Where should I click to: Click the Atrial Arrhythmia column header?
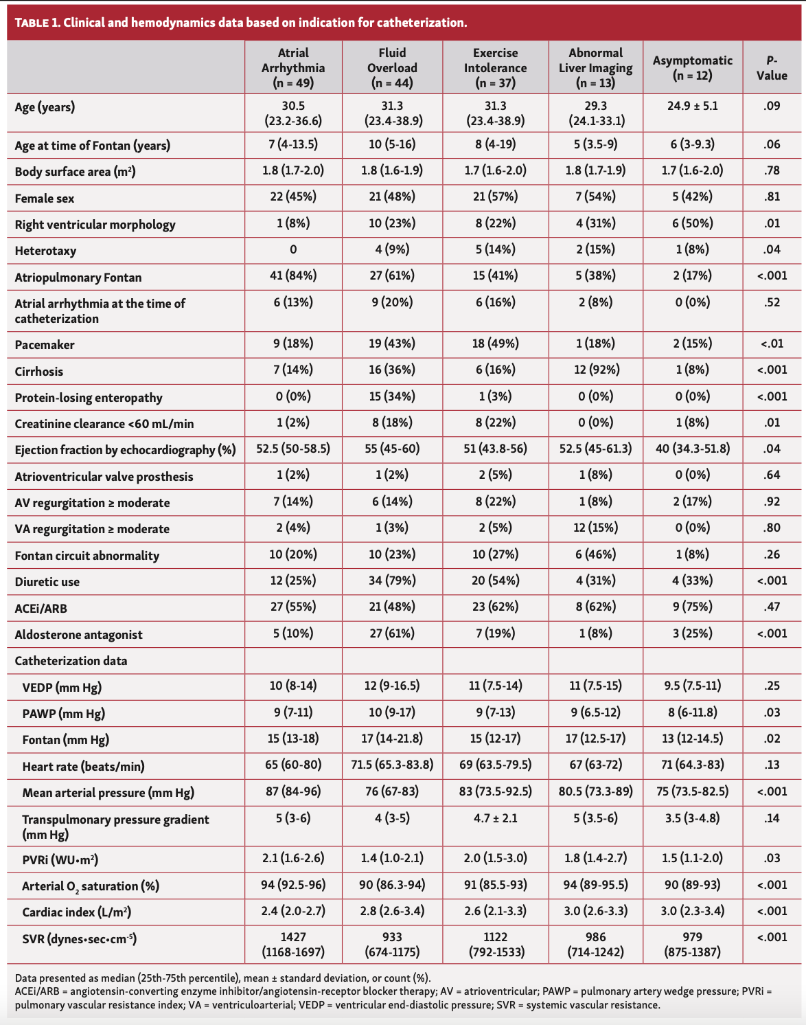(293, 67)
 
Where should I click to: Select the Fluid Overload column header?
(392, 67)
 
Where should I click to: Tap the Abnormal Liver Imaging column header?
(596, 67)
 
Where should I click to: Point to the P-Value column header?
(772, 67)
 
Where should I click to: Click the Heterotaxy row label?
(45, 251)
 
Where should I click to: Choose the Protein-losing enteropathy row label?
(89, 398)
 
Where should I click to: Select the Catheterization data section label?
(71, 661)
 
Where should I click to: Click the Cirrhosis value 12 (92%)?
(596, 370)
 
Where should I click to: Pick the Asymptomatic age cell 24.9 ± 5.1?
(693, 106)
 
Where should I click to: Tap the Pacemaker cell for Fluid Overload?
(392, 343)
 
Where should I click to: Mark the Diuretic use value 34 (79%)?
(392, 581)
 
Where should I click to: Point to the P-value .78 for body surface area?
(772, 170)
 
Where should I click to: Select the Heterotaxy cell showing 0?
(293, 249)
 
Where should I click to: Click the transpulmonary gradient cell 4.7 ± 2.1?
(495, 818)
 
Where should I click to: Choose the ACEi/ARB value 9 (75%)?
(693, 607)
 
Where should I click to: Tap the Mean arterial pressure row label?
(108, 793)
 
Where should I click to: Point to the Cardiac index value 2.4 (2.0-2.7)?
(293, 911)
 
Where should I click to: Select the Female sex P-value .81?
(772, 196)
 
